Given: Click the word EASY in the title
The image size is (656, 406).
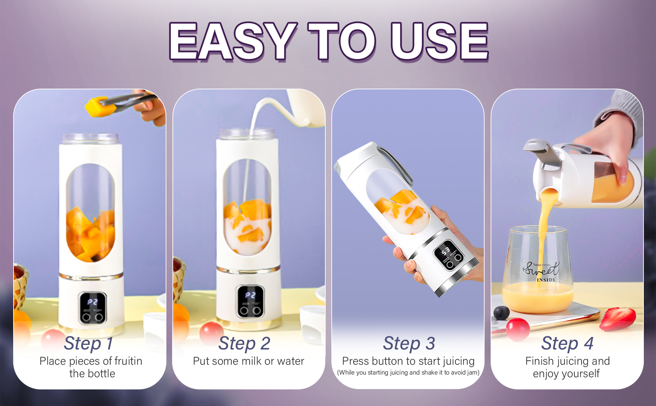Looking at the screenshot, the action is click(232, 42).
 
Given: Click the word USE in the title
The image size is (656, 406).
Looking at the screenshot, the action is click(439, 42).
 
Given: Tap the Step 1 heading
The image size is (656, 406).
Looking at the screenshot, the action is click(89, 344).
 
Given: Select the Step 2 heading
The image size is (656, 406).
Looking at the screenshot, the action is click(244, 344).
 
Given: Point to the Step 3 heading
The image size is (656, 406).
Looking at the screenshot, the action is click(409, 344).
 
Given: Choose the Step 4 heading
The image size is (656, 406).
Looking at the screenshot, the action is click(568, 344).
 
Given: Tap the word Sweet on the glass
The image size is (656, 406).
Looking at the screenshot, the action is click(541, 269).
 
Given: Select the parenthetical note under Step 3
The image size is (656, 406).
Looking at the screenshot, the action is click(408, 373).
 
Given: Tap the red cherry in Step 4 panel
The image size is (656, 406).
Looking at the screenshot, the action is click(518, 329).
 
